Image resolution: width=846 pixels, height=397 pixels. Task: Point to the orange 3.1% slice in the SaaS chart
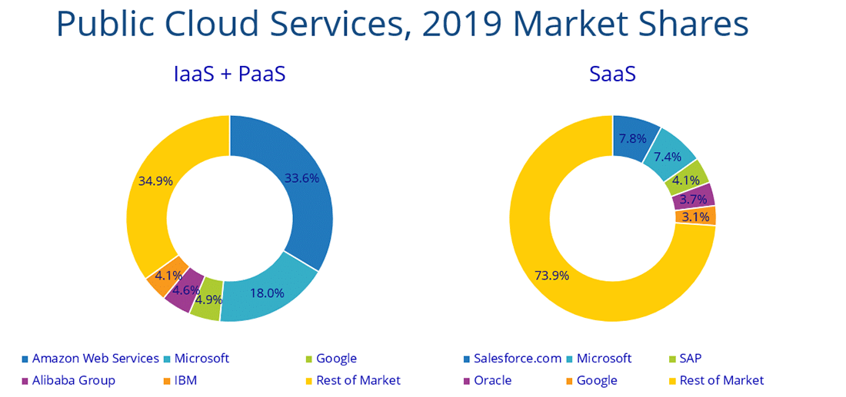pos(696,217)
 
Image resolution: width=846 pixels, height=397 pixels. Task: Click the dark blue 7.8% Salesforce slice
pos(634,137)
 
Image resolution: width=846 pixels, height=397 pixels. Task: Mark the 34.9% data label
pos(155,181)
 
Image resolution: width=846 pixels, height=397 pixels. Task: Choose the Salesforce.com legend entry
pos(511,359)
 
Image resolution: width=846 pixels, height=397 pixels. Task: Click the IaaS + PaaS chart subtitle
pos(229,74)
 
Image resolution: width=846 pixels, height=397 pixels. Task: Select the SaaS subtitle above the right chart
pos(612,74)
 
